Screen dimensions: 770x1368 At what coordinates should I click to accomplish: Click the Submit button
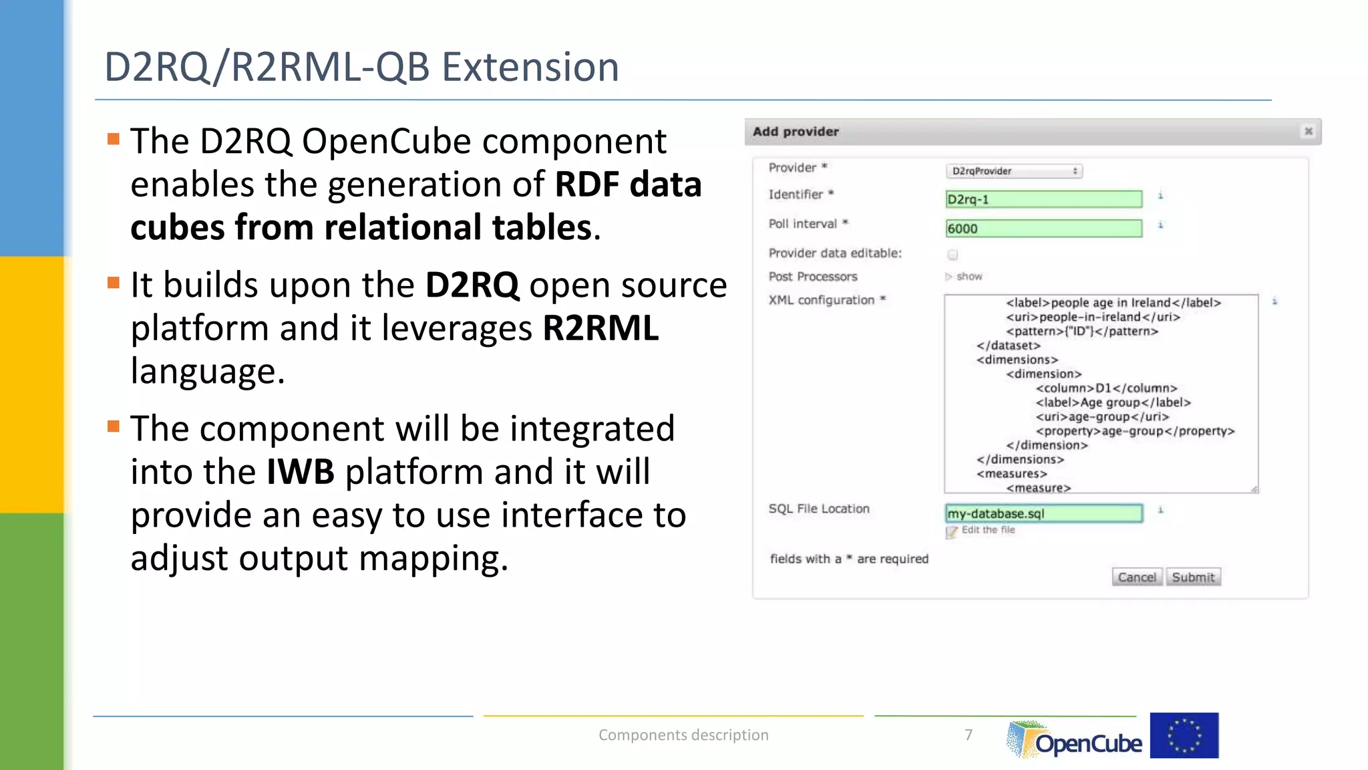(1193, 577)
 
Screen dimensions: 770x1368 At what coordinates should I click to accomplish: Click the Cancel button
(1136, 577)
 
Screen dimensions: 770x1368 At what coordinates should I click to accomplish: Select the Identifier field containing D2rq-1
(1043, 199)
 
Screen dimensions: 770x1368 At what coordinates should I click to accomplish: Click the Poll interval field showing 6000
(1043, 229)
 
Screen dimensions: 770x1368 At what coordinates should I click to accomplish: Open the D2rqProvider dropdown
(1014, 171)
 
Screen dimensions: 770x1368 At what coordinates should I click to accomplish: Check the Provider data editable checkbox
(953, 255)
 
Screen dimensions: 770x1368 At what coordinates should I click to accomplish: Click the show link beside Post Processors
(969, 277)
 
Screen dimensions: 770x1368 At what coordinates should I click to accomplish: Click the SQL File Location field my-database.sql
(1043, 513)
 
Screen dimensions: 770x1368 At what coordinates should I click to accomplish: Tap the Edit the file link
(987, 530)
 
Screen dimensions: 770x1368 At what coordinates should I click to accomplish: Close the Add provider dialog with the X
(1308, 132)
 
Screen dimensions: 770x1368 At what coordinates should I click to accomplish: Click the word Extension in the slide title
(530, 68)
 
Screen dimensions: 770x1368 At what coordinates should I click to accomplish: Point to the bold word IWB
(300, 472)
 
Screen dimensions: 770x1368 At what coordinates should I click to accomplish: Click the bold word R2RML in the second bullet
(601, 328)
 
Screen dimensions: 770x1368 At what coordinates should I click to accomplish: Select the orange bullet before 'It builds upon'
(114, 283)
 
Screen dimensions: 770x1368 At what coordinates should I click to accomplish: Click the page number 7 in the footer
(969, 735)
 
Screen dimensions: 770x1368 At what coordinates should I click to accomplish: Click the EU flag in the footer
(1184, 735)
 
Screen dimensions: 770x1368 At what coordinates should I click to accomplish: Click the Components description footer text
(683, 735)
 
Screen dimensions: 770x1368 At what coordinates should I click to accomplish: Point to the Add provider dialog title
(796, 132)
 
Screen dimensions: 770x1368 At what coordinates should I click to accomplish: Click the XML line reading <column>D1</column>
(1106, 388)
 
